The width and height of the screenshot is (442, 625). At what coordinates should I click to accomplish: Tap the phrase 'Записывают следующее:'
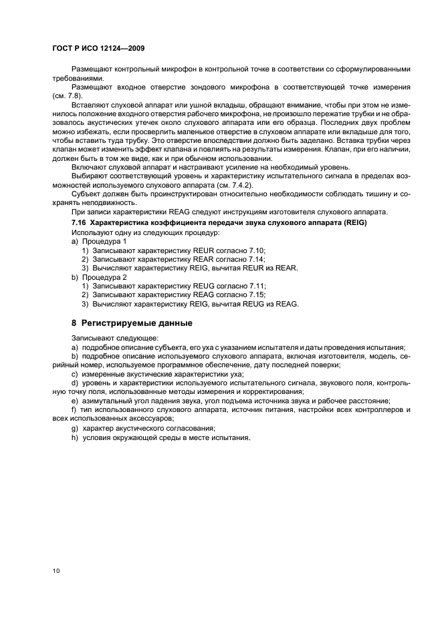[x=110, y=339]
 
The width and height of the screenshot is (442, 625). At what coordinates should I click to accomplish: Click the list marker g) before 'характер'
[x=74, y=427]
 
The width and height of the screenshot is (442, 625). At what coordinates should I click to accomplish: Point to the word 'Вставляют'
[x=89, y=106]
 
